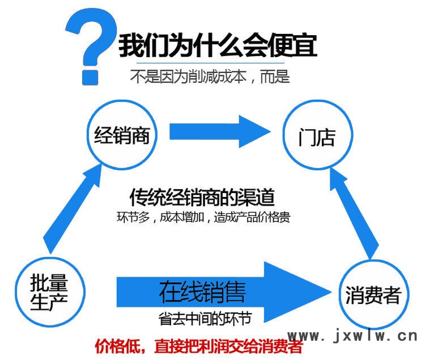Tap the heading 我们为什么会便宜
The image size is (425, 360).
pos(218,45)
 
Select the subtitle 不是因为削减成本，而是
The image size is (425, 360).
pos(210,76)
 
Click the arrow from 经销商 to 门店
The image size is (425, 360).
pos(220,131)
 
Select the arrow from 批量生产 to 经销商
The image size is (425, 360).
pos(73,209)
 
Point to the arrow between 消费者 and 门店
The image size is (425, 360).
pos(354,213)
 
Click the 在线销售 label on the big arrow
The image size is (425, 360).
pos(202,292)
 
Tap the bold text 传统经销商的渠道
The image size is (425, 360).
pos(202,197)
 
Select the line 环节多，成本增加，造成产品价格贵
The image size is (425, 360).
pos(203,217)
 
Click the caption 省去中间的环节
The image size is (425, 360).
pos(205,318)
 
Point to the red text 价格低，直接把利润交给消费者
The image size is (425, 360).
pos(199,346)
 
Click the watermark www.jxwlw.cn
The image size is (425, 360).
pos(352,336)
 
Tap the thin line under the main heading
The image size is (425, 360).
pos(210,63)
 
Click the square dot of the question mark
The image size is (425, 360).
pos(90,78)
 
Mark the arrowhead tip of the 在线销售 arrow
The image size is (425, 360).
pos(331,292)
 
